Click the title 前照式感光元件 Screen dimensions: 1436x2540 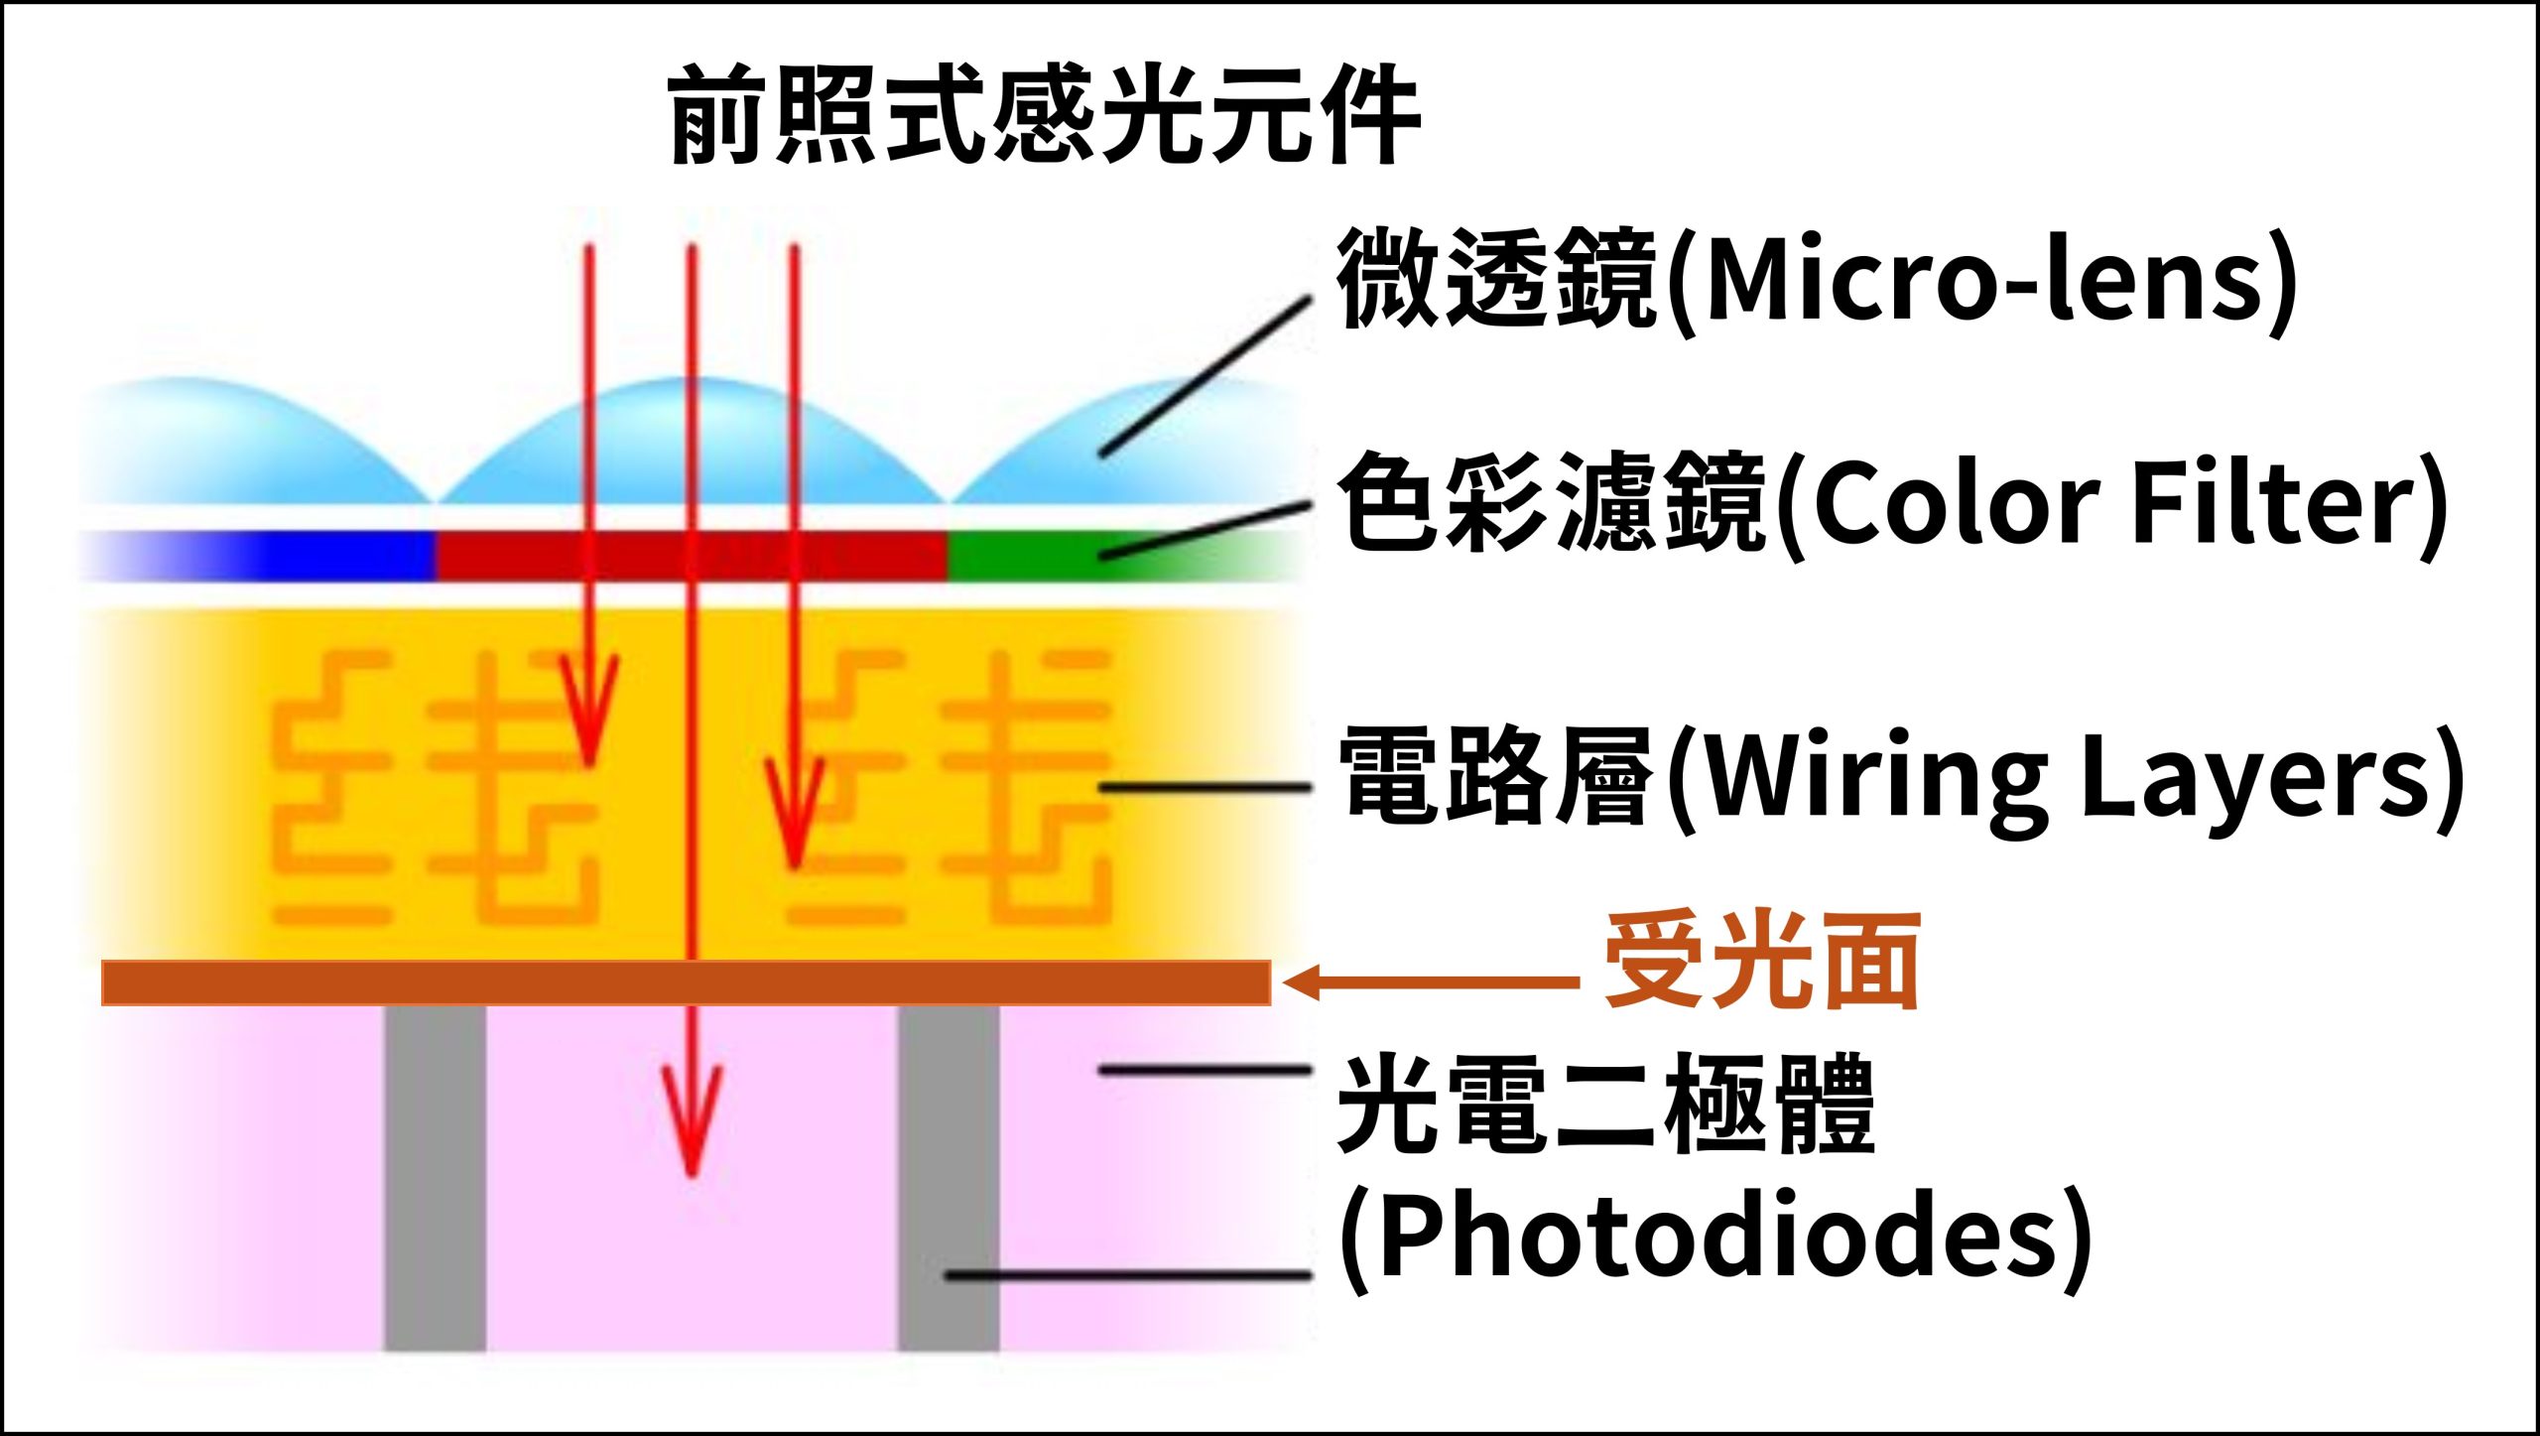click(1044, 117)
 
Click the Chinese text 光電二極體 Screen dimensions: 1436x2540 click(1607, 1104)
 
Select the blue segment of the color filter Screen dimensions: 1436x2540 click(327, 557)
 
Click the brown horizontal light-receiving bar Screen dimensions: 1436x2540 click(685, 982)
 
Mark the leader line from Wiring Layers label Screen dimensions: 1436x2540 click(1206, 787)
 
